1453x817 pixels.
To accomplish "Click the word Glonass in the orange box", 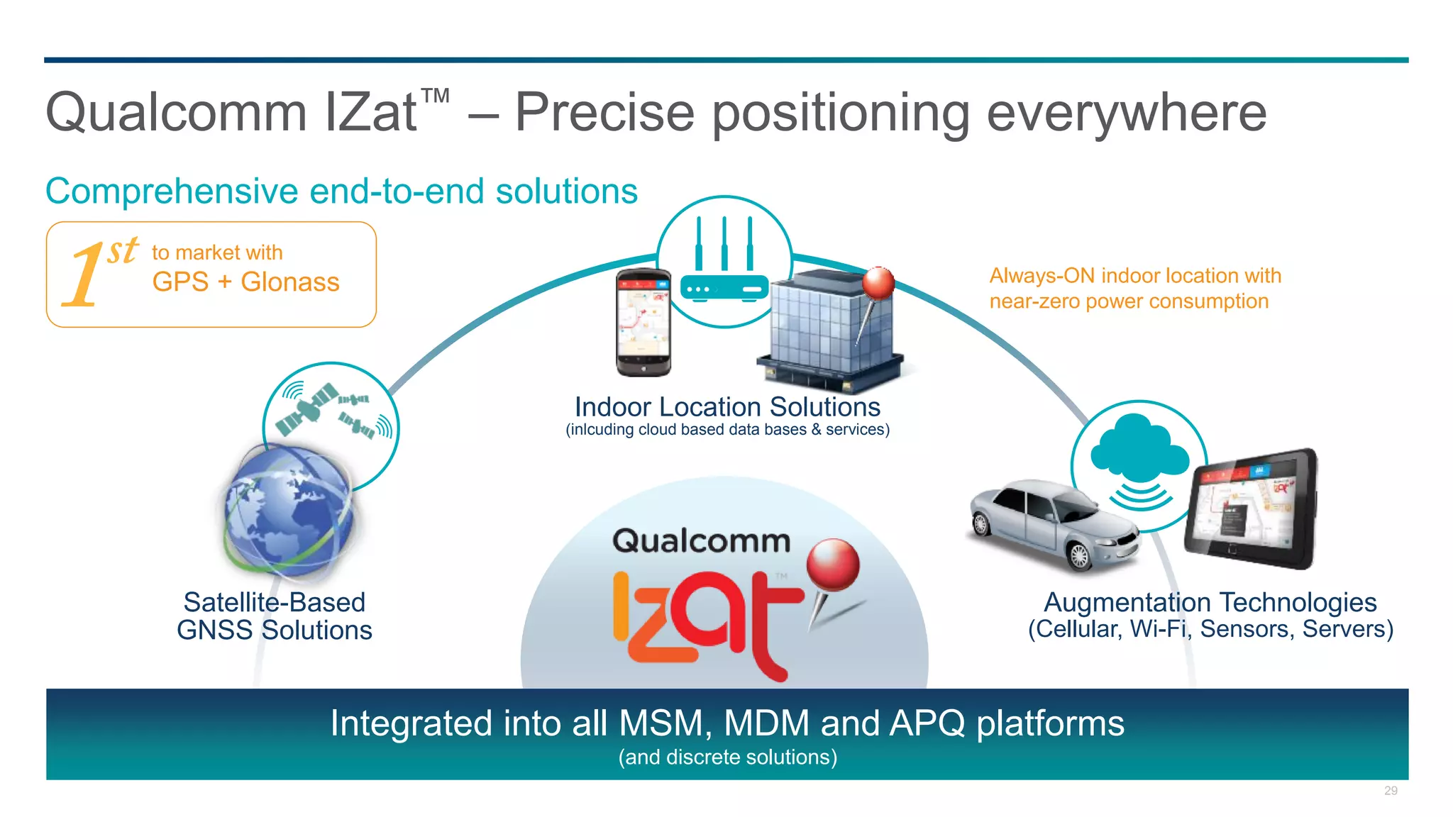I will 289,282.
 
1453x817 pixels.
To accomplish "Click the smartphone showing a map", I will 643,323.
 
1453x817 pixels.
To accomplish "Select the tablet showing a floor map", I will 1250,508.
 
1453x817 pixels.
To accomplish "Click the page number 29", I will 1391,791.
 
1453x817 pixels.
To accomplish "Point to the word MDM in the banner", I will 766,724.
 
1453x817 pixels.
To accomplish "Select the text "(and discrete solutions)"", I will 727,757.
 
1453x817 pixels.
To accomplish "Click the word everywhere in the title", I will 1126,113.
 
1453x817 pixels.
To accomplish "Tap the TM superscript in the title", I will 435,96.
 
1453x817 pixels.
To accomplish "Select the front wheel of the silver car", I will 1079,557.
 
